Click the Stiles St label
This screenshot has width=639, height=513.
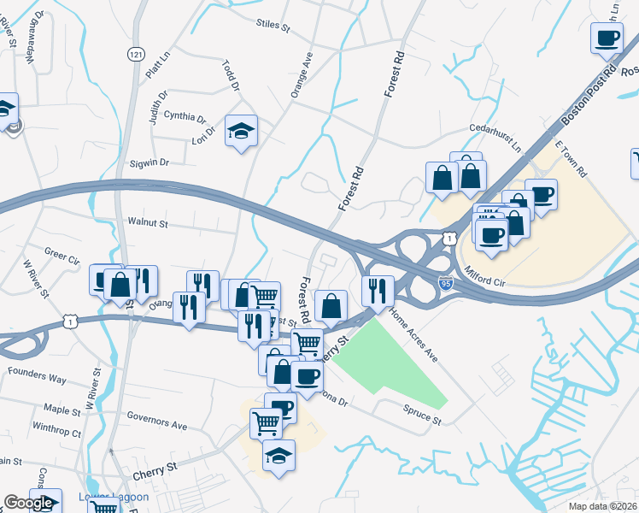pyautogui.click(x=273, y=25)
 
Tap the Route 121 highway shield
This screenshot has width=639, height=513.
pyautogui.click(x=135, y=54)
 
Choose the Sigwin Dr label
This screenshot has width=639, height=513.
pyautogui.click(x=149, y=162)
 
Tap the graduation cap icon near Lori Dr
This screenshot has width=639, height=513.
pyautogui.click(x=242, y=131)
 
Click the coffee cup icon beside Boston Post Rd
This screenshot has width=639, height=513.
pyautogui.click(x=607, y=38)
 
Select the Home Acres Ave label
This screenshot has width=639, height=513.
pyautogui.click(x=413, y=334)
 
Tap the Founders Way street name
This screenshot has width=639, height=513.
pyautogui.click(x=37, y=377)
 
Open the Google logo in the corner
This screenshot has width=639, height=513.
pyautogui.click(x=28, y=504)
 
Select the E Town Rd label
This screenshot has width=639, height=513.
pyautogui.click(x=571, y=159)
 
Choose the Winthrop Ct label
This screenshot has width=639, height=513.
pyautogui.click(x=56, y=433)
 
